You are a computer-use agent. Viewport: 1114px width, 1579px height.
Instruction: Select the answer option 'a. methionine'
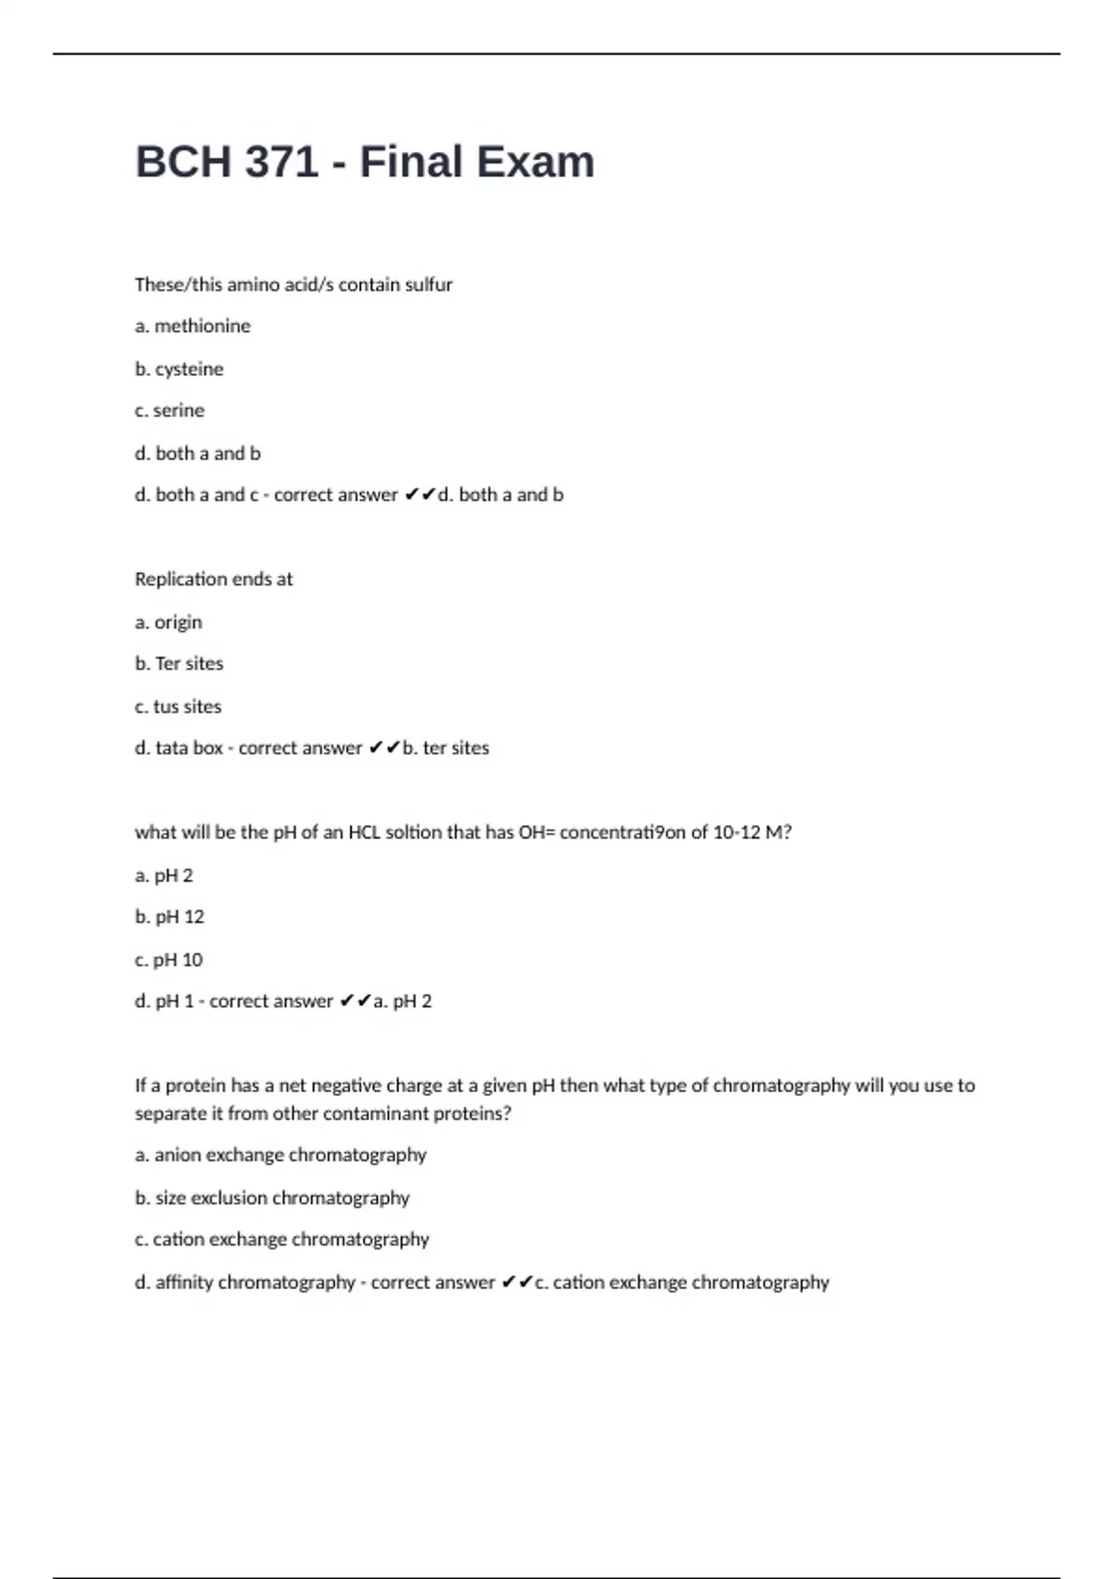coord(192,326)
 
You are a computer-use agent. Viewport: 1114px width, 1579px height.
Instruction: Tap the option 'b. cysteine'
coord(179,369)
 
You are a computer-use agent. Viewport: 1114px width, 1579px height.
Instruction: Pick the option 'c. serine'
coord(169,411)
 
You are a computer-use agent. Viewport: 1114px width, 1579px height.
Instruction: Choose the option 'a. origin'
coord(168,622)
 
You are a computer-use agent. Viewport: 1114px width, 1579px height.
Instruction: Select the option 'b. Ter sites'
coord(179,663)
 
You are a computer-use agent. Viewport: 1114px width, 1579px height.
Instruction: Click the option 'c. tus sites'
coord(178,707)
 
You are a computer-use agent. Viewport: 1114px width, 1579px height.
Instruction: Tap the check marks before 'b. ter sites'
coord(384,748)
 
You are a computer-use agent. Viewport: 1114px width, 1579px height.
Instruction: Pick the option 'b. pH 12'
coord(169,917)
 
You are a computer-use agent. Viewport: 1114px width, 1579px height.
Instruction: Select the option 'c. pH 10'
coord(168,959)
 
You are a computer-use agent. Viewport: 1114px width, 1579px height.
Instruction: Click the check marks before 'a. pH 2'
coord(356,1001)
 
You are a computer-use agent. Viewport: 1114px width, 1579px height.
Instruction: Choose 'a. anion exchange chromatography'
coord(280,1155)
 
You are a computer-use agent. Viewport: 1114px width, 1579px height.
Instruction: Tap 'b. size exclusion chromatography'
coord(272,1198)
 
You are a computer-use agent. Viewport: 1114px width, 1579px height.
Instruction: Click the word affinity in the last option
coord(184,1283)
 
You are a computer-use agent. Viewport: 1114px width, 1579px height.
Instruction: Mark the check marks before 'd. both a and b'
coord(420,495)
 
